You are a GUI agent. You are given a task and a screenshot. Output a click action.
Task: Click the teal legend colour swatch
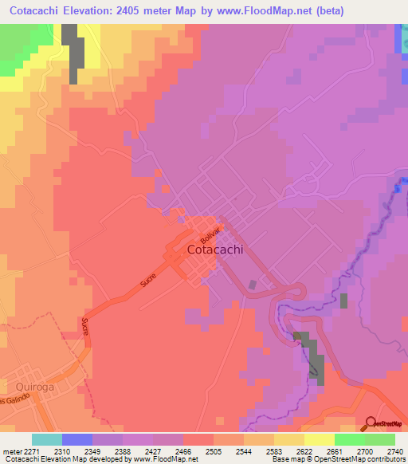[47, 439]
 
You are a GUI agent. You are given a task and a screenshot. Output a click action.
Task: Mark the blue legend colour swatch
[76, 439]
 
